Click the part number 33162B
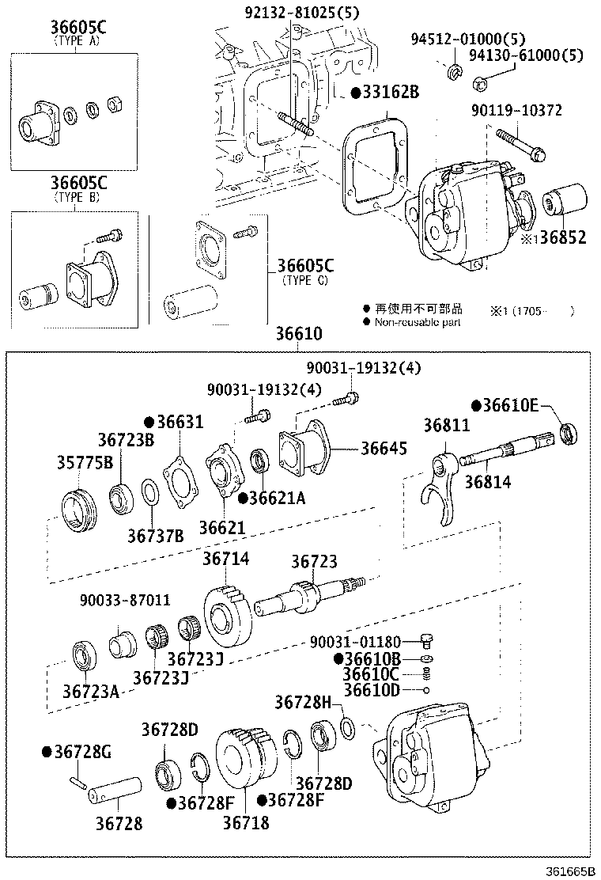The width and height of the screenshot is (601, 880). coord(390,93)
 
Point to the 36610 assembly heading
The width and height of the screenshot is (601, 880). coord(298,335)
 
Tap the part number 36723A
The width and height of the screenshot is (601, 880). coord(91,692)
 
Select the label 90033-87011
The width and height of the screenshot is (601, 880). coord(124,601)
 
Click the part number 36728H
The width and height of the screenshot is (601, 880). coord(308,702)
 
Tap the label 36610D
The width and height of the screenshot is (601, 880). coord(372,690)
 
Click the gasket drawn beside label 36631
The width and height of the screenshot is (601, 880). coord(181,484)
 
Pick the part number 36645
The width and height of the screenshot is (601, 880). coord(384,449)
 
